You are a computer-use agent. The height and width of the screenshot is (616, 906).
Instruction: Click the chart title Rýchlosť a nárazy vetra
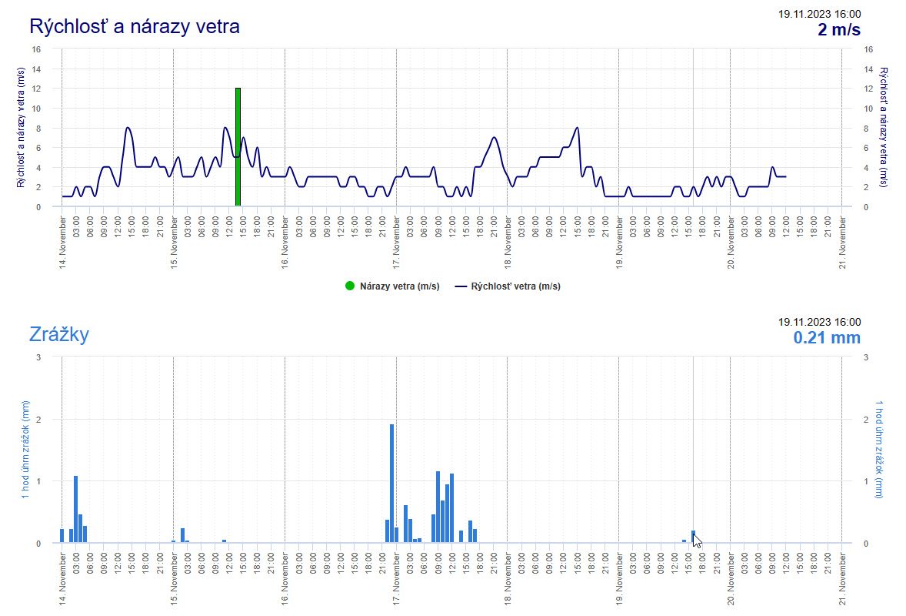click(x=135, y=26)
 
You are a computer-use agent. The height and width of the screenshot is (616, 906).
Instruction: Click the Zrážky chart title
click(x=59, y=334)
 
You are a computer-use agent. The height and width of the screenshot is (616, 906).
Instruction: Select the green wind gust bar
click(x=238, y=146)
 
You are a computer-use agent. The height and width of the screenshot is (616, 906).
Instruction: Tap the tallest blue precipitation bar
click(x=391, y=484)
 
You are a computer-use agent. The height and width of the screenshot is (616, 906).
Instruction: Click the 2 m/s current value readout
click(x=838, y=30)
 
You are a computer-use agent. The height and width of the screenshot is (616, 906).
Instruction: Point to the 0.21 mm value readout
click(x=827, y=338)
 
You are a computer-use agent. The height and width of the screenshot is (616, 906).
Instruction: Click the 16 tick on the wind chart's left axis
click(x=35, y=49)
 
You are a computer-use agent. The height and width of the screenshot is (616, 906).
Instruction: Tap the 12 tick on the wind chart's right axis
click(x=869, y=89)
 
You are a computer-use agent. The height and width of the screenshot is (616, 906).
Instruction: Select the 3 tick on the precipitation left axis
click(x=38, y=357)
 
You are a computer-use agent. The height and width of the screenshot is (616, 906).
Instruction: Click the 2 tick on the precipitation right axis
click(x=867, y=420)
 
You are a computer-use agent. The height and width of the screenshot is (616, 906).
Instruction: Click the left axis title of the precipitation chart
click(x=26, y=450)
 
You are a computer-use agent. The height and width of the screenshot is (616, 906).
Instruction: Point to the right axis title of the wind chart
click(x=883, y=127)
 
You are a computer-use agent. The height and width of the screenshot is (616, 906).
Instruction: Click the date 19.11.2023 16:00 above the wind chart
click(x=819, y=14)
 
